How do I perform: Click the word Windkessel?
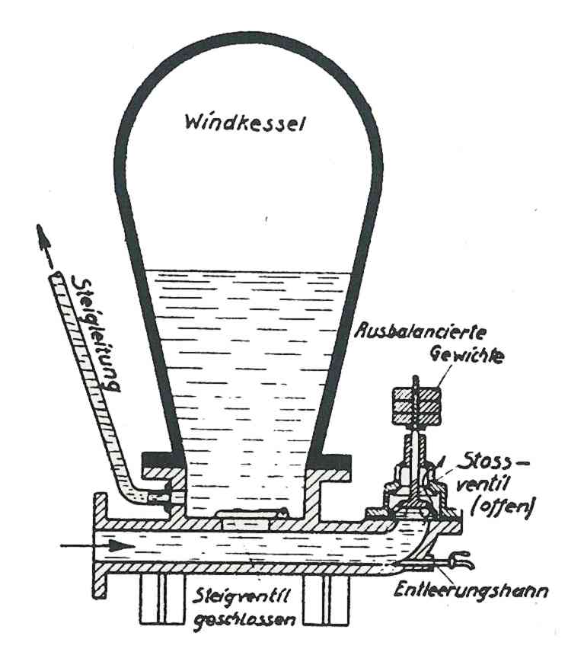tap(244, 123)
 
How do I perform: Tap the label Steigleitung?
tap(96, 333)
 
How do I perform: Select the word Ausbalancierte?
tap(420, 333)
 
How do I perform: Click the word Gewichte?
tap(467, 355)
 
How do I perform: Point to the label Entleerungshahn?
tap(471, 590)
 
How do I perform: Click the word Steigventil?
tap(241, 597)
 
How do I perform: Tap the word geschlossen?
tap(244, 620)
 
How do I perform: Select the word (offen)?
tap(502, 507)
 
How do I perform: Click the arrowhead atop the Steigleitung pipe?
tap(43, 238)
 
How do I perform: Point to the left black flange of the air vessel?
tap(163, 459)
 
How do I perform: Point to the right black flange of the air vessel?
tap(330, 461)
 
